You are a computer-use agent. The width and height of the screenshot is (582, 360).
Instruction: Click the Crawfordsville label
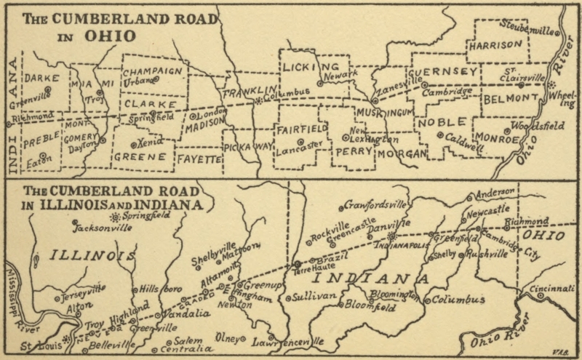coord(375,204)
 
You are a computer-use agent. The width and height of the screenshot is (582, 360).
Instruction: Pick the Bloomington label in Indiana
coord(392,295)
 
